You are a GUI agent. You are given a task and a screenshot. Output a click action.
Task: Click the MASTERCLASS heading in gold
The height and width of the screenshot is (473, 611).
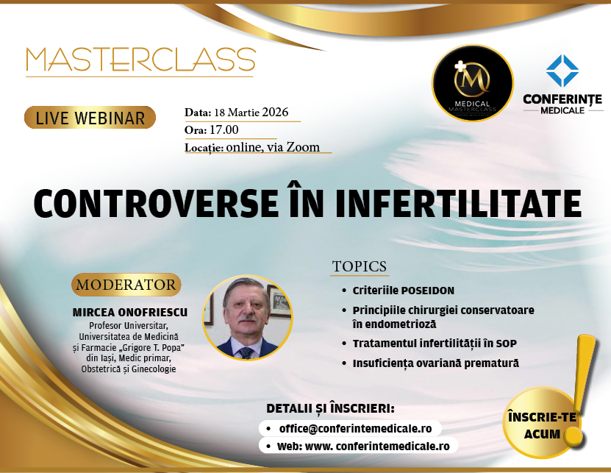(140, 60)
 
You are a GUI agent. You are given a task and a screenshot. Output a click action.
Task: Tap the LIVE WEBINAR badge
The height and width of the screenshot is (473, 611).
(90, 118)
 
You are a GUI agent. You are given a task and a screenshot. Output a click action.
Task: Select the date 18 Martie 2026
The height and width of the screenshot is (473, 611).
(251, 113)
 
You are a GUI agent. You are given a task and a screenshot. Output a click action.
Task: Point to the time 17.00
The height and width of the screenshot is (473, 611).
(224, 129)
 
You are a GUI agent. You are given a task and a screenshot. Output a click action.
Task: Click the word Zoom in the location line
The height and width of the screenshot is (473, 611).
(303, 147)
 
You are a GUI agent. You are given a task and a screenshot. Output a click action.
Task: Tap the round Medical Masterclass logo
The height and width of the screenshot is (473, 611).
(472, 82)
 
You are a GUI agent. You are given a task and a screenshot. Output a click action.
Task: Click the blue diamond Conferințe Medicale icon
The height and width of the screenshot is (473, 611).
(562, 71)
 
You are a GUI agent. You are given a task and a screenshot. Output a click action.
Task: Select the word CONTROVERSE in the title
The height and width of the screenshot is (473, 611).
(155, 203)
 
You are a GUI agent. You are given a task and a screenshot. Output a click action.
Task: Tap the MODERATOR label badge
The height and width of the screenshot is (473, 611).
(126, 285)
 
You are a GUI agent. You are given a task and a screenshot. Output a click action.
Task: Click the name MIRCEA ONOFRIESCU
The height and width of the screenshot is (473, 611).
(129, 313)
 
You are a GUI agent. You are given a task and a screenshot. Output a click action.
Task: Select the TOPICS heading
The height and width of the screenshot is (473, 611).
(360, 266)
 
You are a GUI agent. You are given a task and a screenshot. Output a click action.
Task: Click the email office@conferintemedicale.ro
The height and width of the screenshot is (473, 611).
(355, 429)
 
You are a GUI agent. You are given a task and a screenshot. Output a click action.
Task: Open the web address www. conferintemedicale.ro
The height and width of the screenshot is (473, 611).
(377, 446)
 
